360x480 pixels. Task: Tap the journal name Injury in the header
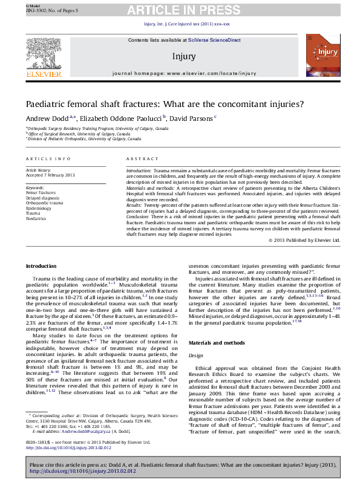184,56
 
